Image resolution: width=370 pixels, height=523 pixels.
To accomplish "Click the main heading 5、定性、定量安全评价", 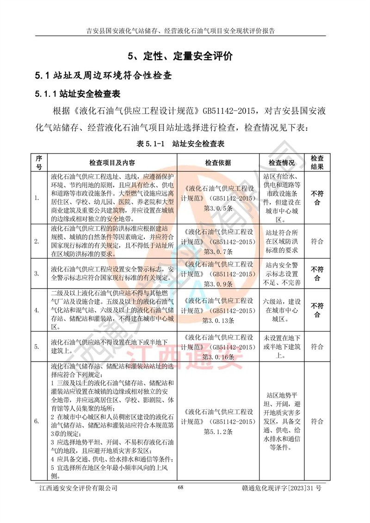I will tap(180, 56).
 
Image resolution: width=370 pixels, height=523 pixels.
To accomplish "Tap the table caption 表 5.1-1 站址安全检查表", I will tap(180, 144).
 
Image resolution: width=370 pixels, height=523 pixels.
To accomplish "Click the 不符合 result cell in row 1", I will tap(317, 198).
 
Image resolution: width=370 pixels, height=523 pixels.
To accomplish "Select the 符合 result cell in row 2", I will tap(317, 241).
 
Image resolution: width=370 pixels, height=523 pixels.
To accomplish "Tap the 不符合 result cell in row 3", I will tap(317, 273).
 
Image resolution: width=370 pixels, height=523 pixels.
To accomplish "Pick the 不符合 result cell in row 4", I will tap(317, 310).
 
